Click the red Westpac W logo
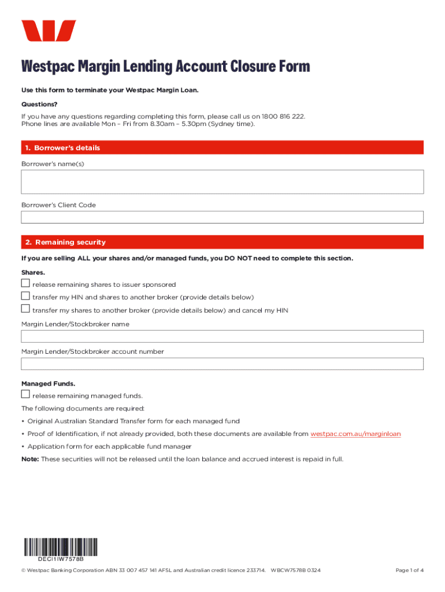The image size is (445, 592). tap(49, 31)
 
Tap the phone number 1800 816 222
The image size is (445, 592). tap(283, 116)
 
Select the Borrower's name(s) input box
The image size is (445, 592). tap(222, 182)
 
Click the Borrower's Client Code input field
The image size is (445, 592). tap(222, 217)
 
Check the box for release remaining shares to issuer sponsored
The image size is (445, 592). tap(25, 283)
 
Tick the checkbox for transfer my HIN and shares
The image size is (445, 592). tap(25, 296)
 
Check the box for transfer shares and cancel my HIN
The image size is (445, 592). tap(25, 309)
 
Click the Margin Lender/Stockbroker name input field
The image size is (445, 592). tap(222, 336)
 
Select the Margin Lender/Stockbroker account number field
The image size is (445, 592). tap(222, 364)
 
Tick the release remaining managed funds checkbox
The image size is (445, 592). tap(25, 394)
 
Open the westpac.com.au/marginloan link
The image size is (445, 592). tap(355, 434)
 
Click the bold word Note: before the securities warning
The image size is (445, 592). tap(30, 459)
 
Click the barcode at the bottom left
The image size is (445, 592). tap(61, 547)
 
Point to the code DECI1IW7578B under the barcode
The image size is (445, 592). tap(61, 560)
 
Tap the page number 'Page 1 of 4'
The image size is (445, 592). tap(409, 571)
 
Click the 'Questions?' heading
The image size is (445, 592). tap(39, 105)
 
